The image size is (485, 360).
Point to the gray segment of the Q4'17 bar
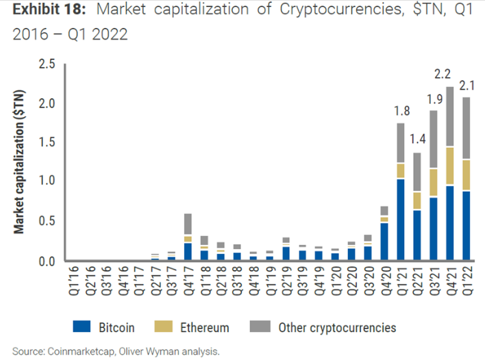click(188, 224)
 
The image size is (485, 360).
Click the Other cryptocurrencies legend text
click(336, 328)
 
